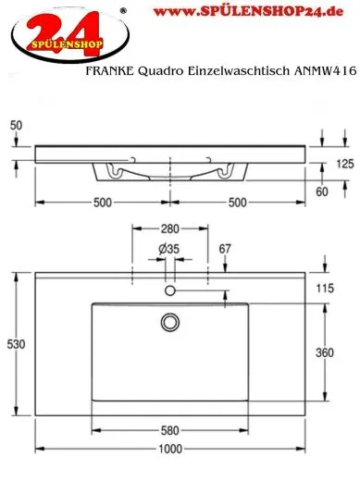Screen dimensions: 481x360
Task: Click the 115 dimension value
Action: [x=325, y=287]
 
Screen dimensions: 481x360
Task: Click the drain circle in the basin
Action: [x=169, y=321]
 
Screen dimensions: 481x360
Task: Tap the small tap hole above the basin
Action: [x=169, y=291]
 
